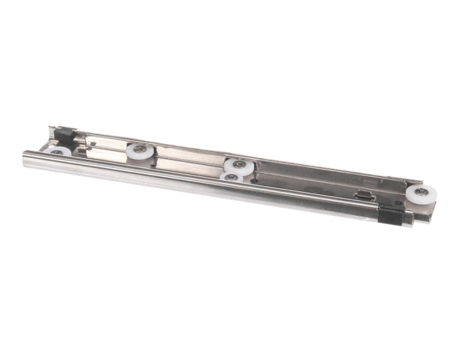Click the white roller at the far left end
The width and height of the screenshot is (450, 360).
(x=57, y=151)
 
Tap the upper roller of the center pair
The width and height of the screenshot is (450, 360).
(x=238, y=166)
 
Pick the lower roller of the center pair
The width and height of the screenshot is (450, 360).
(x=232, y=177)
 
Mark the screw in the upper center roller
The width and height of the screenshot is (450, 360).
(x=238, y=163)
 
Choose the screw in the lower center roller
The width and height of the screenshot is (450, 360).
(x=232, y=177)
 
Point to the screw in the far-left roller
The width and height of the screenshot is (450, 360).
(x=57, y=151)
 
